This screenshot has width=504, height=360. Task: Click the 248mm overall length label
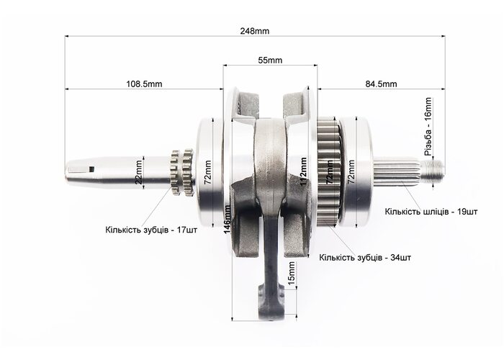255,31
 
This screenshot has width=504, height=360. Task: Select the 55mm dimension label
270,60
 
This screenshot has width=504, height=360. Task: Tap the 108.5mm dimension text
144,84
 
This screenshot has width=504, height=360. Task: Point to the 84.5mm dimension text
381,84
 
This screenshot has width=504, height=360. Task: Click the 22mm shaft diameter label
138,176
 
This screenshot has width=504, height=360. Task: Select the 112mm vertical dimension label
303,171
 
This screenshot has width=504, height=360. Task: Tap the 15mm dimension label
292,274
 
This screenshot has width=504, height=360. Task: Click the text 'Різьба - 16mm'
428,127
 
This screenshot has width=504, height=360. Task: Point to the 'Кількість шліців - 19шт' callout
431,212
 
